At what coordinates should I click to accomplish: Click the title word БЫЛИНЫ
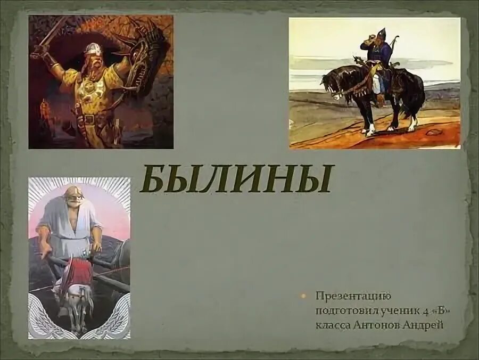click(236, 179)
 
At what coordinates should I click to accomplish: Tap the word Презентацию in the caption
click(349, 296)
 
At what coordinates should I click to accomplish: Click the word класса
click(333, 324)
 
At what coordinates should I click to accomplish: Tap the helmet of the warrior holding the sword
click(92, 51)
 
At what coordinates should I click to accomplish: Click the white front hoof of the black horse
click(369, 130)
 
